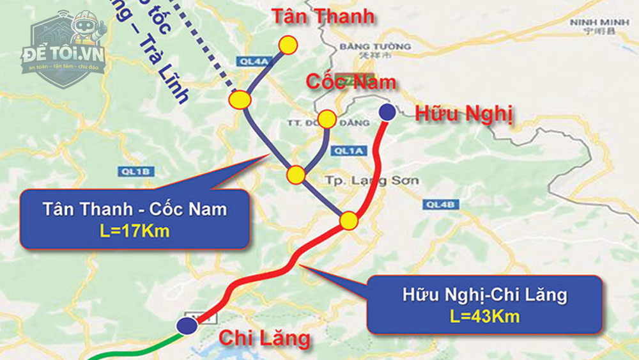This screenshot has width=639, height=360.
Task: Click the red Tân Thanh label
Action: coord(323,17)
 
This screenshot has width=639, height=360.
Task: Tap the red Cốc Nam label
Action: coord(351,82)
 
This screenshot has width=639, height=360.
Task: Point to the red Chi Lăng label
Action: coord(265,338)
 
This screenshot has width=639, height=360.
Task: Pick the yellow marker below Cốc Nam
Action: coord(327,119)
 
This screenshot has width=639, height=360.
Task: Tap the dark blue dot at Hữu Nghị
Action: coord(387,112)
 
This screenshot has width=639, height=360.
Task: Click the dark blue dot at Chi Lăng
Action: coord(187,325)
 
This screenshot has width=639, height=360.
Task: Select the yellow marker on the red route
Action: coord(349,221)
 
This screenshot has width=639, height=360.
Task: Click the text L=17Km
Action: coord(135,231)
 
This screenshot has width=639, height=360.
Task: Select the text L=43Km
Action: coord(484,316)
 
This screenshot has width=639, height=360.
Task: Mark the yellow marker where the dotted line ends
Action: coord(240,100)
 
